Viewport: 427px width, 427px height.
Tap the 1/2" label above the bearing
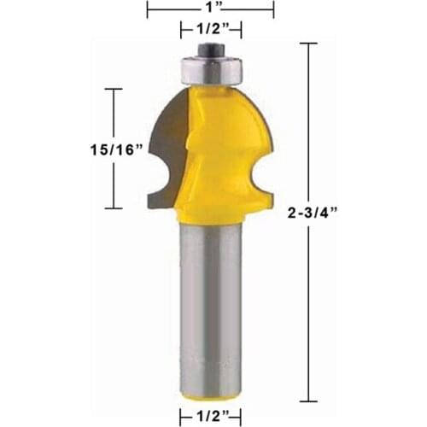pyautogui.click(x=210, y=30)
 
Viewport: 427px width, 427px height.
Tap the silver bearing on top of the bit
pyautogui.click(x=210, y=67)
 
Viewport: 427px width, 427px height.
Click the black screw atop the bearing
pyautogui.click(x=210, y=50)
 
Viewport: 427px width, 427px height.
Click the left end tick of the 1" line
pyautogui.click(x=149, y=9)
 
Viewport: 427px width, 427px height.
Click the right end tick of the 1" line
pyautogui.click(x=273, y=9)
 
